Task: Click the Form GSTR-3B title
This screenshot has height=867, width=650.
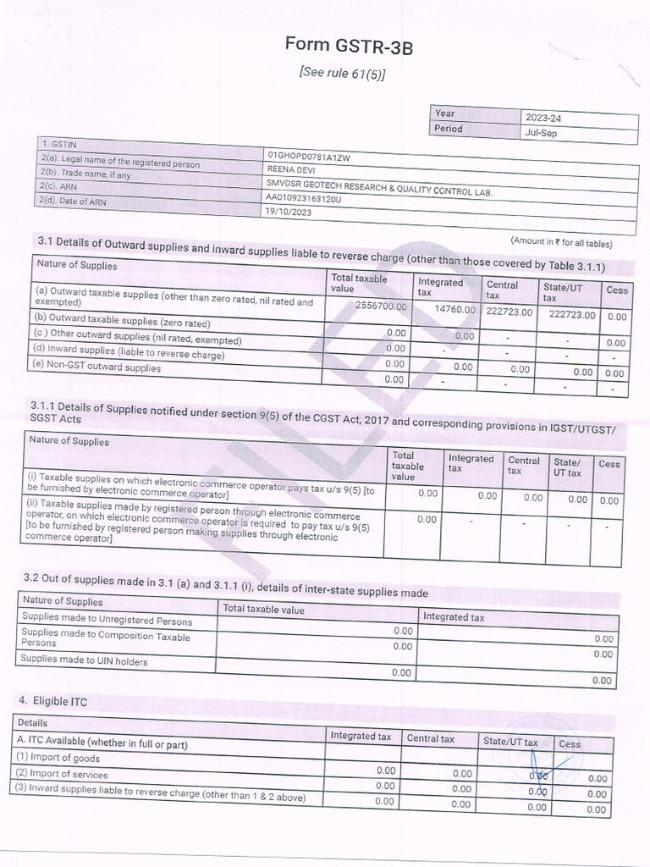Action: click(x=350, y=47)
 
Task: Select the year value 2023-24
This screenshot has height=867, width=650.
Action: click(x=543, y=117)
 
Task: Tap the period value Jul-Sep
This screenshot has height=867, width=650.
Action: click(x=541, y=133)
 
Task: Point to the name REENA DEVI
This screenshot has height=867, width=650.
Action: click(x=291, y=169)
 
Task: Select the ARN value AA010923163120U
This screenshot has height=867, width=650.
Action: click(x=304, y=199)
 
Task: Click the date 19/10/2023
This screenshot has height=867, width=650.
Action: click(x=288, y=213)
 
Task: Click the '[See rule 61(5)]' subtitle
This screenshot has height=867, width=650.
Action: click(x=343, y=74)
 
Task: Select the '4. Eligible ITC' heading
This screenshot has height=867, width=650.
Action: click(x=53, y=702)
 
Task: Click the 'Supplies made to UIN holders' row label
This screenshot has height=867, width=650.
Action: click(x=85, y=660)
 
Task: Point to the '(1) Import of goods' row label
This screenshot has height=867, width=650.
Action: click(x=58, y=759)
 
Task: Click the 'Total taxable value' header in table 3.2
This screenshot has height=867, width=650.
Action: click(x=263, y=610)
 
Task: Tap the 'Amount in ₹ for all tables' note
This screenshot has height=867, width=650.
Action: click(x=561, y=243)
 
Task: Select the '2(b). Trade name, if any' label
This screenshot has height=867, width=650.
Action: click(x=85, y=174)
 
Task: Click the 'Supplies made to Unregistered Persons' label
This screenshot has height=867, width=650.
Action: click(x=107, y=618)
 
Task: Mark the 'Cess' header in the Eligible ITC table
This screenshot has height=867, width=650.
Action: click(x=570, y=744)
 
